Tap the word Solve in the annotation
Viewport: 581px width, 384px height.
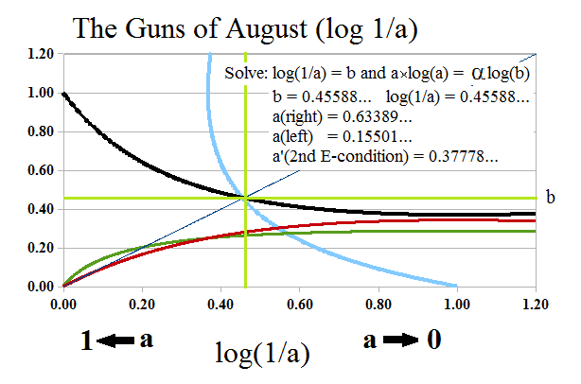[244, 75]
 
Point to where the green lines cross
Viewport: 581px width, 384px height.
[245, 198]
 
